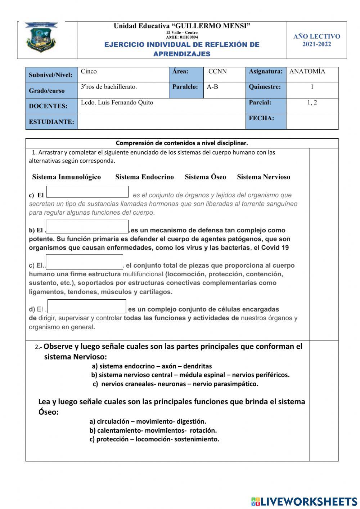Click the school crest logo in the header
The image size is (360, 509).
(41, 37)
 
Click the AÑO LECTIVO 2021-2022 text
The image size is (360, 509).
(316, 40)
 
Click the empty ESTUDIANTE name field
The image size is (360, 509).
(161, 122)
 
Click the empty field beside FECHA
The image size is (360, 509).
(312, 122)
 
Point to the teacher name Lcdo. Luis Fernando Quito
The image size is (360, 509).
(117, 103)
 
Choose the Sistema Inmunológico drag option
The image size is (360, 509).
(66, 177)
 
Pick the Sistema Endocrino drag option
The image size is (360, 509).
(144, 177)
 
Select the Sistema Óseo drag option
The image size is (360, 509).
(205, 177)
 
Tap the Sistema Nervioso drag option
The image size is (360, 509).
(263, 177)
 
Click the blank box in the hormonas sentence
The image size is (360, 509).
(87, 192)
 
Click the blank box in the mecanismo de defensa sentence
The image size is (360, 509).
(87, 227)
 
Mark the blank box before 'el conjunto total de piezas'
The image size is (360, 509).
(85, 262)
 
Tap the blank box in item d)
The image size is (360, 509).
(87, 306)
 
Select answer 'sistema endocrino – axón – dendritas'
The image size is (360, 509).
(152, 366)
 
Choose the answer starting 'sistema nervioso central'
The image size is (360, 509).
(190, 375)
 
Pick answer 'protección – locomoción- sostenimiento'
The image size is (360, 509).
(154, 439)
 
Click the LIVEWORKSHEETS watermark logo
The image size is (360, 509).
(304, 501)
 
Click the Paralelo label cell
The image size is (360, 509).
(186, 87)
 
